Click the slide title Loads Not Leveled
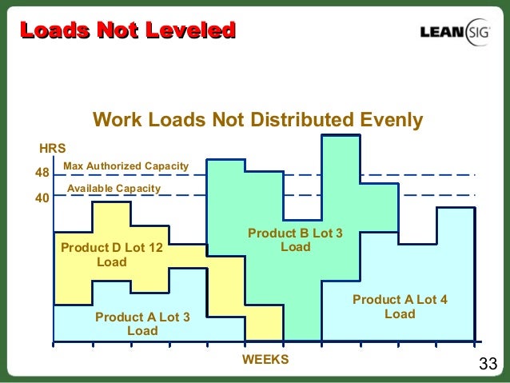click(128, 30)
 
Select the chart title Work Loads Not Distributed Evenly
click(257, 121)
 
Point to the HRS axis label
click(52, 149)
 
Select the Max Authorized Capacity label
click(126, 166)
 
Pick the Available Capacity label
click(114, 189)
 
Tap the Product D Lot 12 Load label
click(112, 255)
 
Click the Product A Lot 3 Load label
click(142, 324)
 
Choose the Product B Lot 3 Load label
click(295, 240)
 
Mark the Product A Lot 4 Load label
click(400, 306)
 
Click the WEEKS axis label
click(265, 359)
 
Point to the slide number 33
click(487, 365)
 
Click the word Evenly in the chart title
click(389, 121)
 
